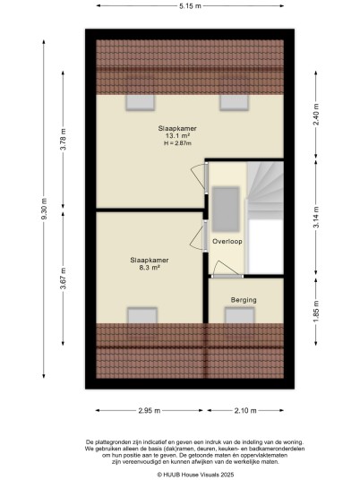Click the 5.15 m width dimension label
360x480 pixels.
pyautogui.click(x=190, y=5)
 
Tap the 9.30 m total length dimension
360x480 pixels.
pyautogui.click(x=45, y=209)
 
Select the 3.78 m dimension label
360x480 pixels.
pyautogui.click(x=63, y=140)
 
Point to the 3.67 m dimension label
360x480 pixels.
pyautogui.click(x=63, y=279)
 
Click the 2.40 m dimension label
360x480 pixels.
pyautogui.click(x=316, y=115)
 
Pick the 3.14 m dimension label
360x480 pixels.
pyautogui.click(x=316, y=217)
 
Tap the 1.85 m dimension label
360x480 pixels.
pyautogui.click(x=316, y=311)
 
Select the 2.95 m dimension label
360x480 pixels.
pyautogui.click(x=150, y=410)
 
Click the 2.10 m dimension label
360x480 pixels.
pyautogui.click(x=245, y=410)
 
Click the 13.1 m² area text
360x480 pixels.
pyautogui.click(x=177, y=136)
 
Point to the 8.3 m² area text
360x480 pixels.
pyautogui.click(x=150, y=268)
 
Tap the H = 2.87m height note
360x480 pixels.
pyautogui.click(x=177, y=143)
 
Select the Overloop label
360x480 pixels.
pyautogui.click(x=227, y=241)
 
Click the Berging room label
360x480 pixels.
pyautogui.click(x=244, y=300)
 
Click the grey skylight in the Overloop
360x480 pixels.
pyautogui.click(x=226, y=210)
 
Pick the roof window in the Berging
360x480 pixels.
pyautogui.click(x=240, y=315)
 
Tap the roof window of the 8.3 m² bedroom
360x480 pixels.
pyautogui.click(x=142, y=315)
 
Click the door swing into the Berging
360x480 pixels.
pyautogui.click(x=226, y=268)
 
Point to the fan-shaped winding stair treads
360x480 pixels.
pyautogui.click(x=265, y=186)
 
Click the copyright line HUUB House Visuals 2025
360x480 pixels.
pyautogui.click(x=195, y=475)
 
